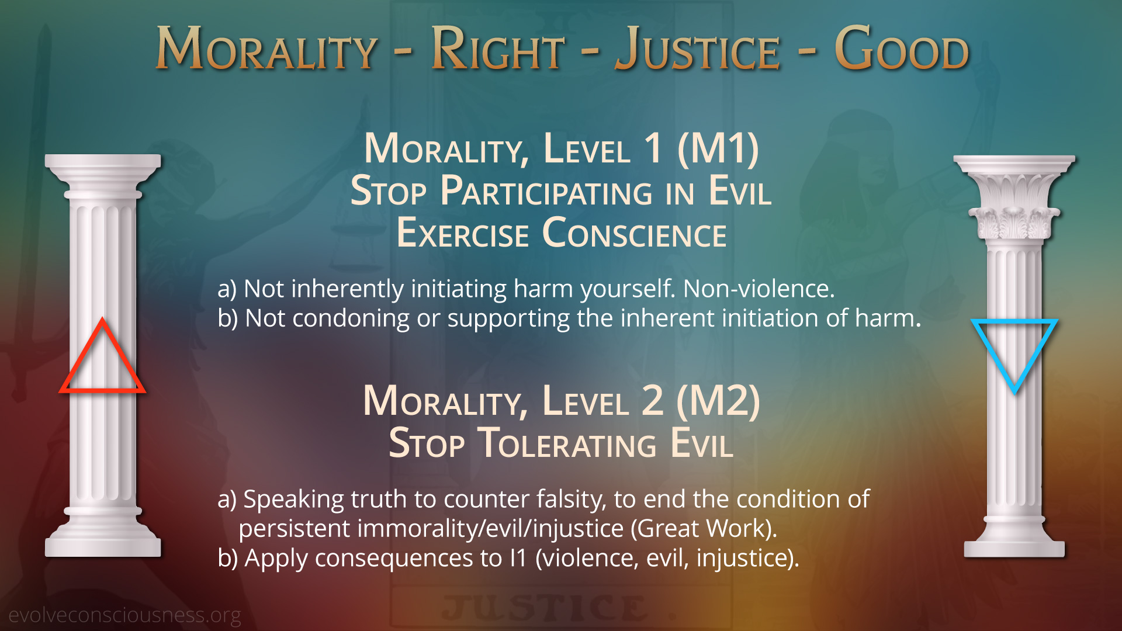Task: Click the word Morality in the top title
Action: point(266,49)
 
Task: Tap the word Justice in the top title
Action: point(698,49)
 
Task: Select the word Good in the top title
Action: point(902,49)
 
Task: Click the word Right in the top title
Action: point(498,49)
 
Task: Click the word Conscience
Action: point(634,233)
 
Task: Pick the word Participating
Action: point(546,191)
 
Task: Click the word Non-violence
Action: point(759,289)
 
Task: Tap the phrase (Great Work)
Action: point(704,529)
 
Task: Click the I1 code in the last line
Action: point(518,558)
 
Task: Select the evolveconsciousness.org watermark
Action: point(124,615)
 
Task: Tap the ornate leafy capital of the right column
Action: point(1014,202)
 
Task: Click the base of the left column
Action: point(103,532)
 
